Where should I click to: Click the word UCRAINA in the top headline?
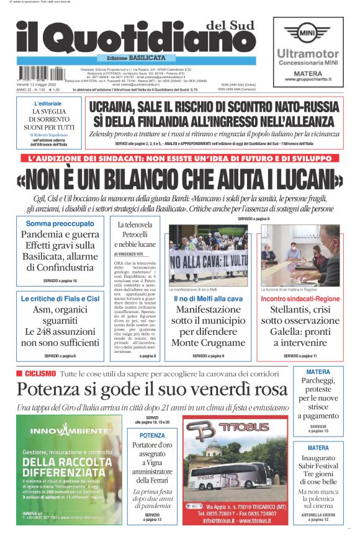tap(115, 107)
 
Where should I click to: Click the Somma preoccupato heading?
tap(60, 223)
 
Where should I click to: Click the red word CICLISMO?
tap(40, 373)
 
